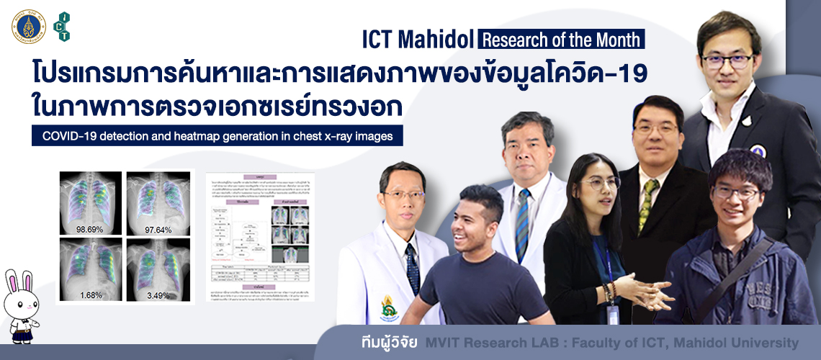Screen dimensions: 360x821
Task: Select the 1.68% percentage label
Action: (91, 294)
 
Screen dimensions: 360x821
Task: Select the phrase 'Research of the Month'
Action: (561, 39)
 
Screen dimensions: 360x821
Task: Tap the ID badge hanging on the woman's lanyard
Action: (612, 315)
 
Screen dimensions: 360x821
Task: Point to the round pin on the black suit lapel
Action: (758, 151)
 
